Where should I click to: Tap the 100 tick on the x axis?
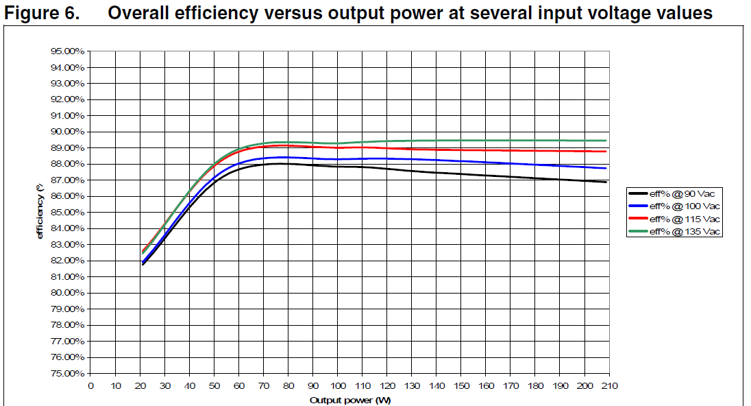(337, 385)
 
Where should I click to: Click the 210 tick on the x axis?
(609, 385)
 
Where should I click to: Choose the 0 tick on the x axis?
(90, 385)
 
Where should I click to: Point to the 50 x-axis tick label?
(214, 385)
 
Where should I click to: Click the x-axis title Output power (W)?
(349, 400)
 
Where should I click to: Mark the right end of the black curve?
(606, 182)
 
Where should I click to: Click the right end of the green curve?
(606, 141)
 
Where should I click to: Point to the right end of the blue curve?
(606, 168)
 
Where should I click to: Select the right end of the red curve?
(606, 152)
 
